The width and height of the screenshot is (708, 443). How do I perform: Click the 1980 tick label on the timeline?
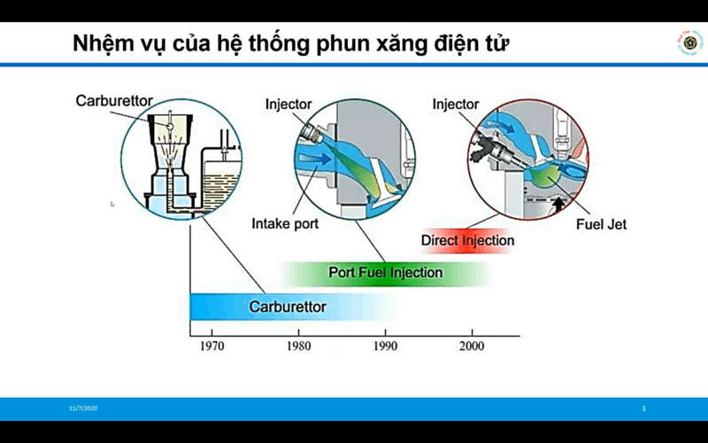pos(298,346)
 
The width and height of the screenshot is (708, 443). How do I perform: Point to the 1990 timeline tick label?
pos(385,346)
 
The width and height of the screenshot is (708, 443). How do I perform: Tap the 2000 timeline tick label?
pos(471,346)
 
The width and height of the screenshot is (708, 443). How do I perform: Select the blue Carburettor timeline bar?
pos(288,307)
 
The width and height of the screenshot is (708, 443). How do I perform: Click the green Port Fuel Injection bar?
pos(385,273)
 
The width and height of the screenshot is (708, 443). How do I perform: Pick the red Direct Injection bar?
pos(467,240)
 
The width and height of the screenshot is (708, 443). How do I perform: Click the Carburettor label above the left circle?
pos(115,100)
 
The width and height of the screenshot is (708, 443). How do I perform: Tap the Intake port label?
pos(285,224)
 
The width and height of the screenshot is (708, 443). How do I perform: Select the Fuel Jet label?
pos(601,224)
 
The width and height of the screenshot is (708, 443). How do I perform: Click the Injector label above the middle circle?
pos(289,105)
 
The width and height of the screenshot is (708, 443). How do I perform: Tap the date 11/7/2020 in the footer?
pos(83,408)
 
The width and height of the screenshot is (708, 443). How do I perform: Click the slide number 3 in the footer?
pos(643,408)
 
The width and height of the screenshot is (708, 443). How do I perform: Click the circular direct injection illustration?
pos(527,158)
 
